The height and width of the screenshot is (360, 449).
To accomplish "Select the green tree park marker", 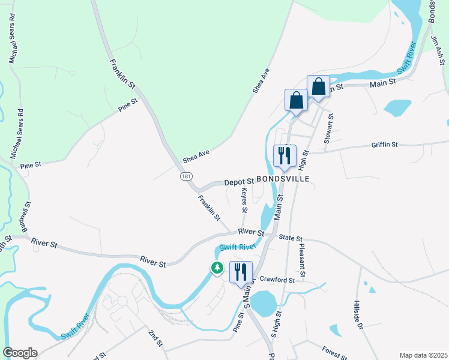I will pyautogui.click(x=217, y=268).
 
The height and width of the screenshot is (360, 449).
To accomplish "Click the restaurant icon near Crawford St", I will pyautogui.click(x=241, y=272).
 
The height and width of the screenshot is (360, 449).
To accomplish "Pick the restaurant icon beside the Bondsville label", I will pyautogui.click(x=285, y=156).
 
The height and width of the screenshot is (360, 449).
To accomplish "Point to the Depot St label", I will pyautogui.click(x=240, y=181).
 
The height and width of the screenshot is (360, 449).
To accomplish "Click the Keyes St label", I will pyautogui.click(x=244, y=200).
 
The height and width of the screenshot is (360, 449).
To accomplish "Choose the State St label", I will pyautogui.click(x=291, y=238).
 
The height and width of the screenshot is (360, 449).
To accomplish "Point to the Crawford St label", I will pyautogui.click(x=277, y=280).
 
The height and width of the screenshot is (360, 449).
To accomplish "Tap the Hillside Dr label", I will pyautogui.click(x=358, y=314).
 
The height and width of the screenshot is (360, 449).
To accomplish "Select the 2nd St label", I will pyautogui.click(x=155, y=337).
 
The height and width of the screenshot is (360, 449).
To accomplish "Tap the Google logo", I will pyautogui.click(x=20, y=353).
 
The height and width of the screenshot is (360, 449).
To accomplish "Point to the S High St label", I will pyautogui.click(x=277, y=323).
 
